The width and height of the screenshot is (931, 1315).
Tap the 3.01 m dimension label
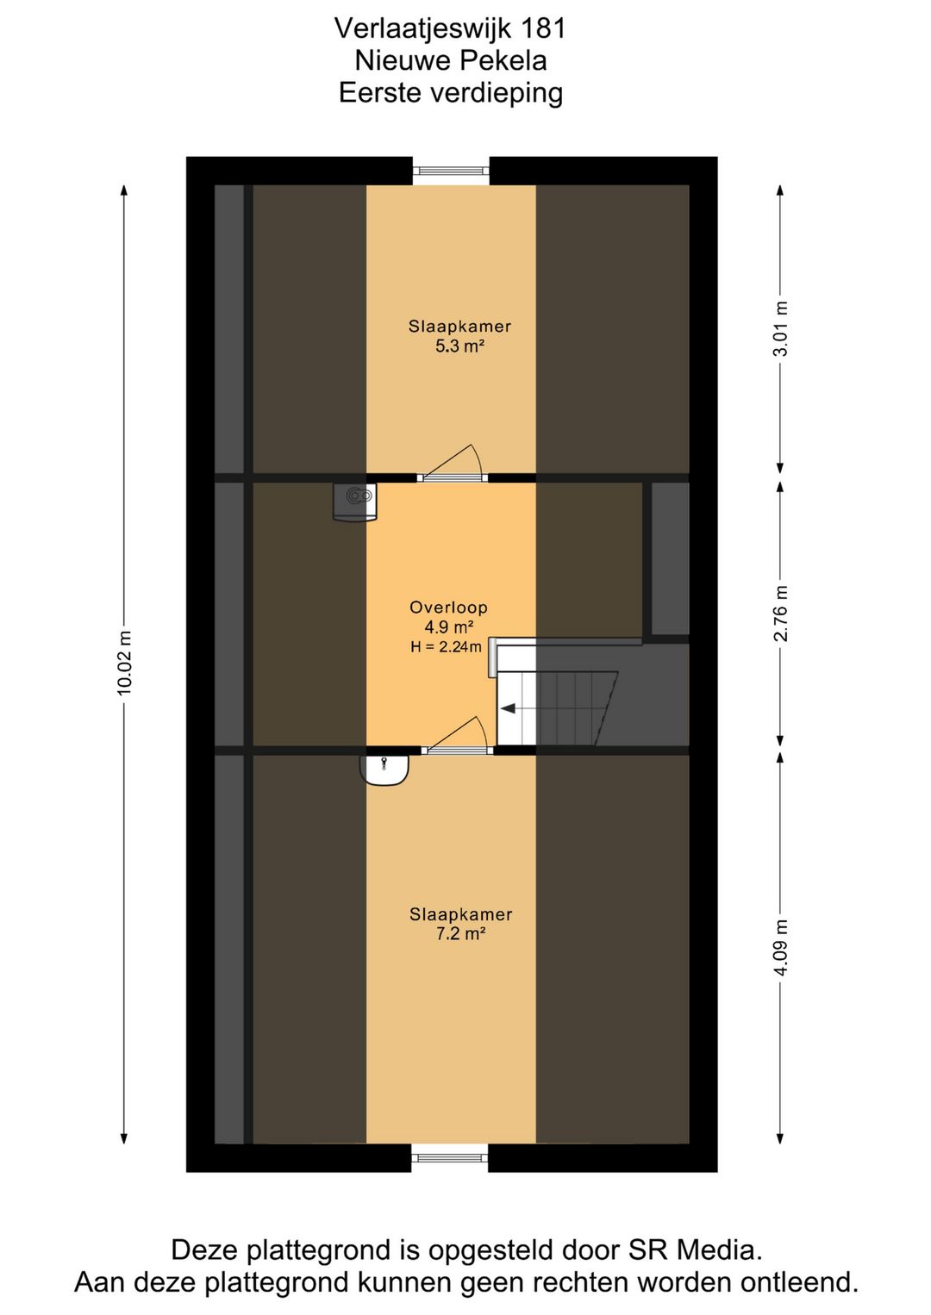(x=780, y=328)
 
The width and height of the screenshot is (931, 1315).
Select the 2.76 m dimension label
(x=780, y=613)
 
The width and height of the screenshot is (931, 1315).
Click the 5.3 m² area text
(x=459, y=346)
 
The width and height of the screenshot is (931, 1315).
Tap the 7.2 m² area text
(x=460, y=933)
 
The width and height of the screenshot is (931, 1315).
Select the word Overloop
(x=449, y=607)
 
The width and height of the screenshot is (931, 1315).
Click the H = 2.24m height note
(x=447, y=647)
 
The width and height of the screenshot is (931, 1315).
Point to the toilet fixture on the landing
(x=355, y=501)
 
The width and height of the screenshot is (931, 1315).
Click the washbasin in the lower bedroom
(x=384, y=770)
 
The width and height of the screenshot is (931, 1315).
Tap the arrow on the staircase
(x=508, y=708)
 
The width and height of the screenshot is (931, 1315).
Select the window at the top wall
(x=451, y=171)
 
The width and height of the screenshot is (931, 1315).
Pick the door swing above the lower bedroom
(x=458, y=734)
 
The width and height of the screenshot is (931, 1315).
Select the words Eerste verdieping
(x=451, y=94)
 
